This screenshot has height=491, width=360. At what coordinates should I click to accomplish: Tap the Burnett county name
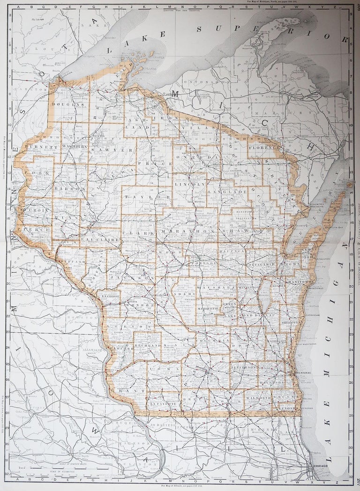click(38, 147)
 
